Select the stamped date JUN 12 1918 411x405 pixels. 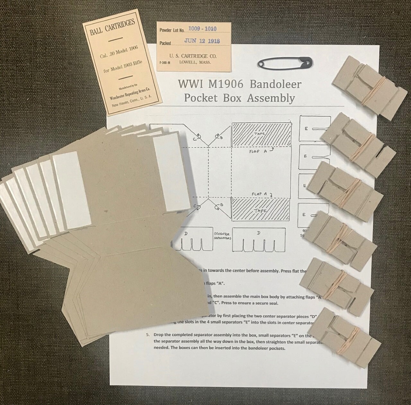(202, 41)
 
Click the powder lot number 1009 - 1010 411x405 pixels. (202, 29)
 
